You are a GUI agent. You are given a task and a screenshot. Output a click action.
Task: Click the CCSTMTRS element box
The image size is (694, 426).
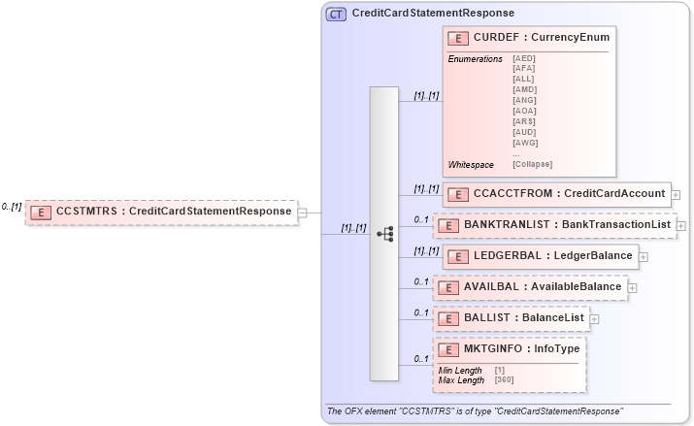coord(161,211)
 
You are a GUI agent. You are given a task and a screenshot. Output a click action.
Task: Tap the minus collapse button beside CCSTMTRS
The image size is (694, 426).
coord(303,212)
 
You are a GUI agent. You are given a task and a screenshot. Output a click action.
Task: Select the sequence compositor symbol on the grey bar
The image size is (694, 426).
coord(384,234)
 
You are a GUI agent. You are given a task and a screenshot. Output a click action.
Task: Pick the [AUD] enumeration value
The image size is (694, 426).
coord(524,133)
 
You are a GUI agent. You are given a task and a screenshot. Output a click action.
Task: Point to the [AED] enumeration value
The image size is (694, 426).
coord(524,58)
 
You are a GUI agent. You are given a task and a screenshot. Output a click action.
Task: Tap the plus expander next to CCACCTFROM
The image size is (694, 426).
coord(676,194)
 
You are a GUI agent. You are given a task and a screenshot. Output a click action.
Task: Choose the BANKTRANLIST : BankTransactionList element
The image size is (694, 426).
coord(554,225)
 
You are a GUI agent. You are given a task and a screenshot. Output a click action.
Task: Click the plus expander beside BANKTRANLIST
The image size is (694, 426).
coord(681,225)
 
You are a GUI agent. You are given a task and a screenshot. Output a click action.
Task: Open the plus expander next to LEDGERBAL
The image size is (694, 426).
coord(644,257)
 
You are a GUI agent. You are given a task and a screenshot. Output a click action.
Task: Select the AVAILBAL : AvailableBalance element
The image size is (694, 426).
coord(530,287)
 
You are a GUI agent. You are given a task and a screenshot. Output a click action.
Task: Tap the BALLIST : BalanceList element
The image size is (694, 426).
coord(511,318)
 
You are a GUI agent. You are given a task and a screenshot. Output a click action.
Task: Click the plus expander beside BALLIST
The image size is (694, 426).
coord(594,318)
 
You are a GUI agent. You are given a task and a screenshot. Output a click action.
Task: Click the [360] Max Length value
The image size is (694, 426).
coord(503,379)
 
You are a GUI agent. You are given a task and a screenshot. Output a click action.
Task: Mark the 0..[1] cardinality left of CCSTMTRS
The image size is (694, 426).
coord(12,207)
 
